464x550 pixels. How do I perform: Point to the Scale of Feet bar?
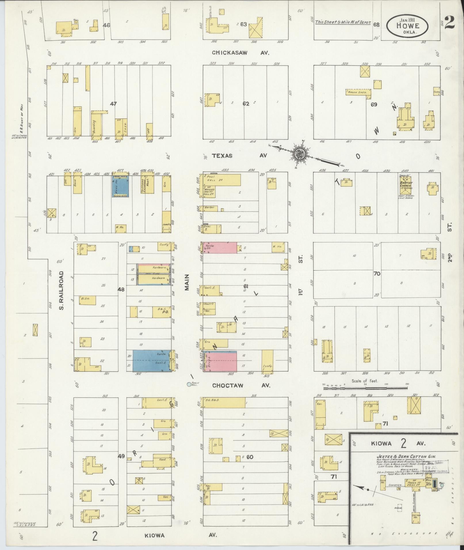pos(365,388)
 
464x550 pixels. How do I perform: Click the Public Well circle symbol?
pos(189,384)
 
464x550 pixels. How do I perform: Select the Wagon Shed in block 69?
pos(358,92)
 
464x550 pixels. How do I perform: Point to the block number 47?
pos(113,104)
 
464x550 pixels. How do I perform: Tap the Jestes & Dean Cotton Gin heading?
pos(406,456)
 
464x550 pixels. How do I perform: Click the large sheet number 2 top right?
pos(450,23)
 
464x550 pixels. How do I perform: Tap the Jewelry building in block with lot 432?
pos(166,222)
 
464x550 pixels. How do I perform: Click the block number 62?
pos(245,104)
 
